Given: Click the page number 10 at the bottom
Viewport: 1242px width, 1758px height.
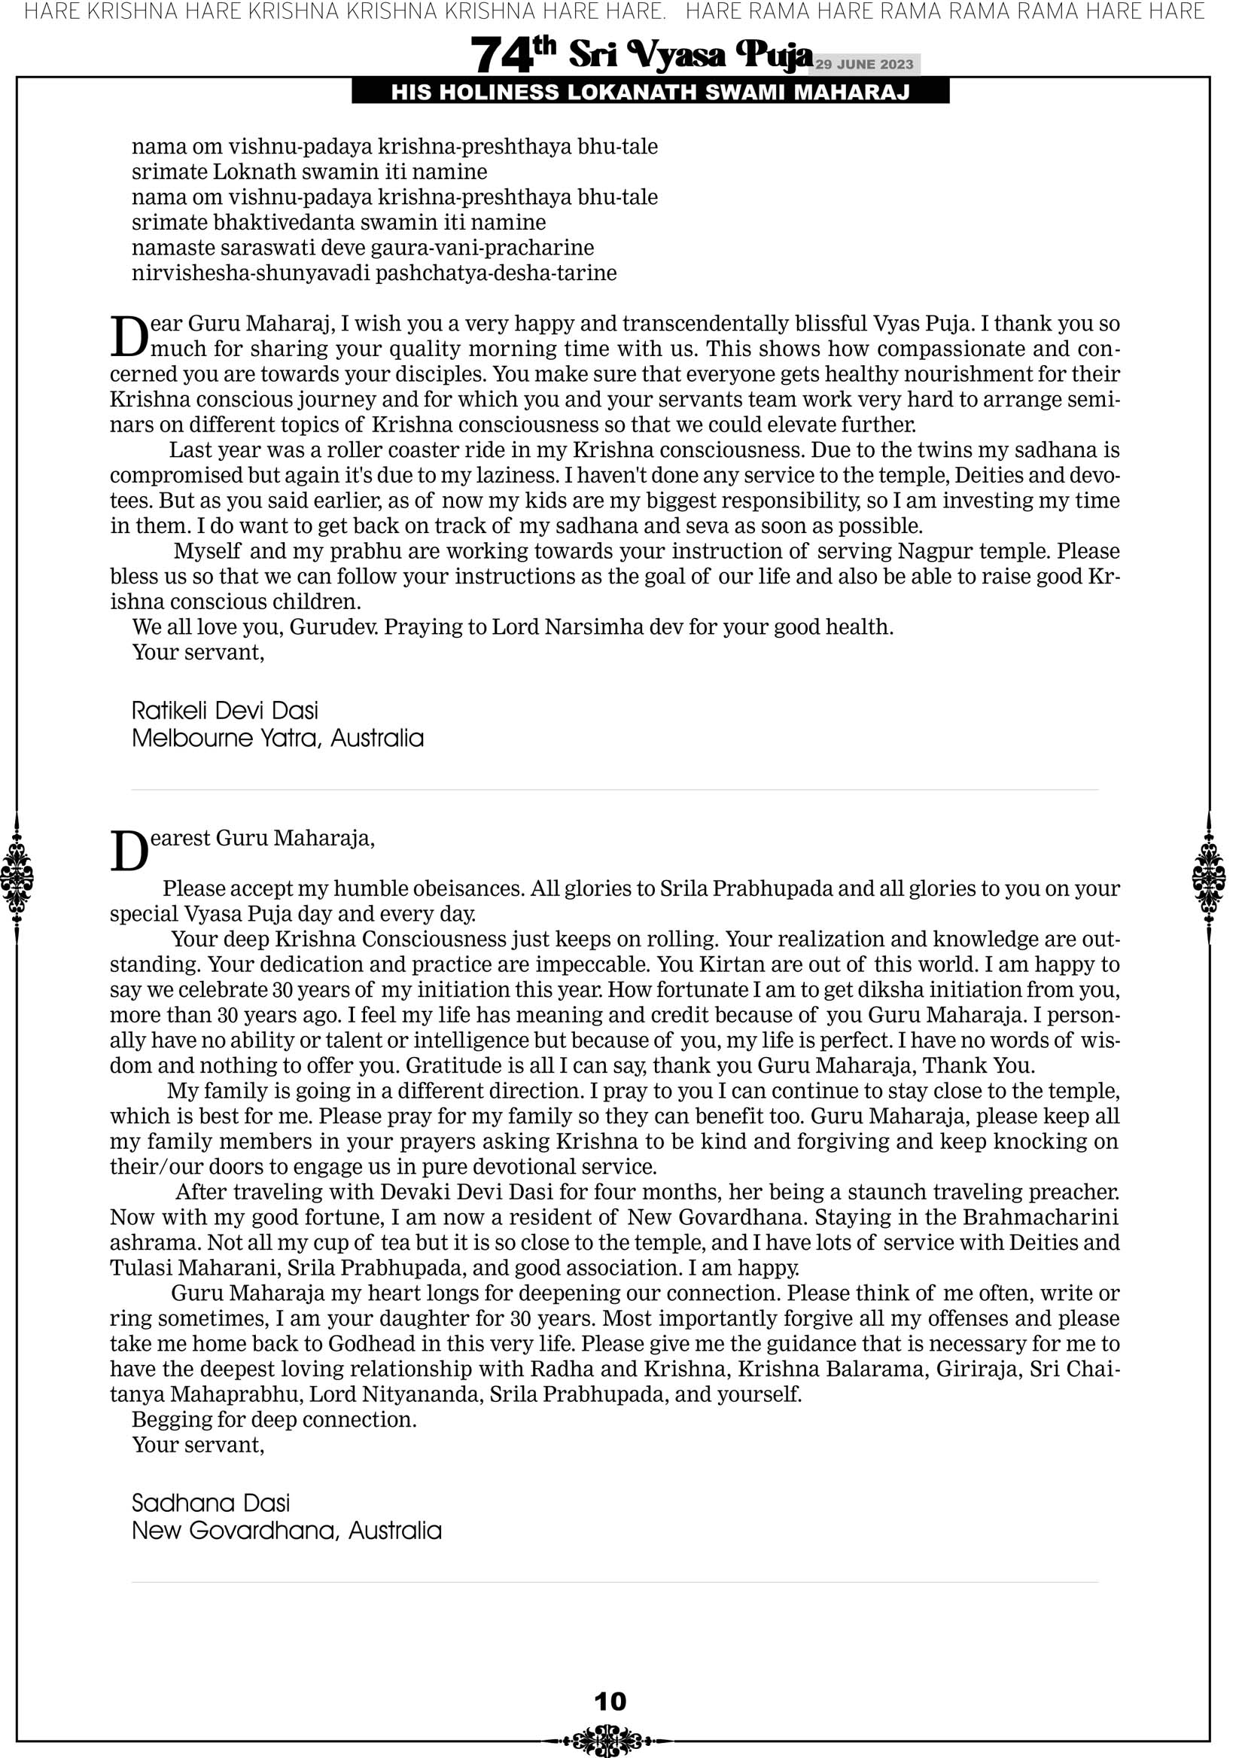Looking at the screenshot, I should pos(610,1701).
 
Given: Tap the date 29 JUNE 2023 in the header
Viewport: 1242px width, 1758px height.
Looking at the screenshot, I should pos(863,64).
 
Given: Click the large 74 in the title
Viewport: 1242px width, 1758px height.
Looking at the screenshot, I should pos(501,56).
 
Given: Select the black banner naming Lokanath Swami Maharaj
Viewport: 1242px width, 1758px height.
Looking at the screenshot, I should pos(650,93).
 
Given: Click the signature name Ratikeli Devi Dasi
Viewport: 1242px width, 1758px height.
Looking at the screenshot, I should pos(224,711).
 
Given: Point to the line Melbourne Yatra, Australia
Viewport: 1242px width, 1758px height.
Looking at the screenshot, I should pos(277,738).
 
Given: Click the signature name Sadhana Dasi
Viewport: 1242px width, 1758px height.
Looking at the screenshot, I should pos(211,1502).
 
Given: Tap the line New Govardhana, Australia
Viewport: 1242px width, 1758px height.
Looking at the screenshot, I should pos(286,1530).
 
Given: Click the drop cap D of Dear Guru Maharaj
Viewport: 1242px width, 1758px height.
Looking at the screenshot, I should pos(128,337).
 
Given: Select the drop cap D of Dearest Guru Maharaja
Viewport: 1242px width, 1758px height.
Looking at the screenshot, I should pos(128,852).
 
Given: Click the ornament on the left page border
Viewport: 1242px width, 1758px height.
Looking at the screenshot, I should pos(17,877).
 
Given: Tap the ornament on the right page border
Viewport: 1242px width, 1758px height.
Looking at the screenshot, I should pos(1209,877).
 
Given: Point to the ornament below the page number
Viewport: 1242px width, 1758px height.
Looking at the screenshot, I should pos(610,1740).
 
